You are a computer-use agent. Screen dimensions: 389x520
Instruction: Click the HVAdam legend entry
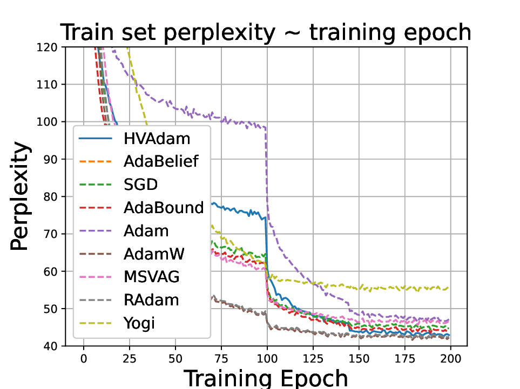157,139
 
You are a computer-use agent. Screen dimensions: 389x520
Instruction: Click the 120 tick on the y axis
50,47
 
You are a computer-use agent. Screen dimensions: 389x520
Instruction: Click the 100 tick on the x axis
267,358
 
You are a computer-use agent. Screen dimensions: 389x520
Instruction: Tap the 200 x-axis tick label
450,358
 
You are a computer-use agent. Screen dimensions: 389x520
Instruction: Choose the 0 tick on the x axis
84,358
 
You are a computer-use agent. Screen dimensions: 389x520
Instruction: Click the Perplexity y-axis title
20,196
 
